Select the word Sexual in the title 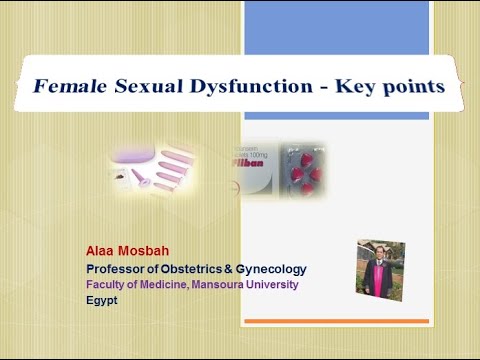point(144,87)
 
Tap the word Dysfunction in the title point(245,87)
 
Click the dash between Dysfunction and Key point(322,88)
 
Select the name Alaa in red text point(101,251)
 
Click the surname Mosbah point(148,251)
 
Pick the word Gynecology point(271,269)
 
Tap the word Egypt point(101,298)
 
